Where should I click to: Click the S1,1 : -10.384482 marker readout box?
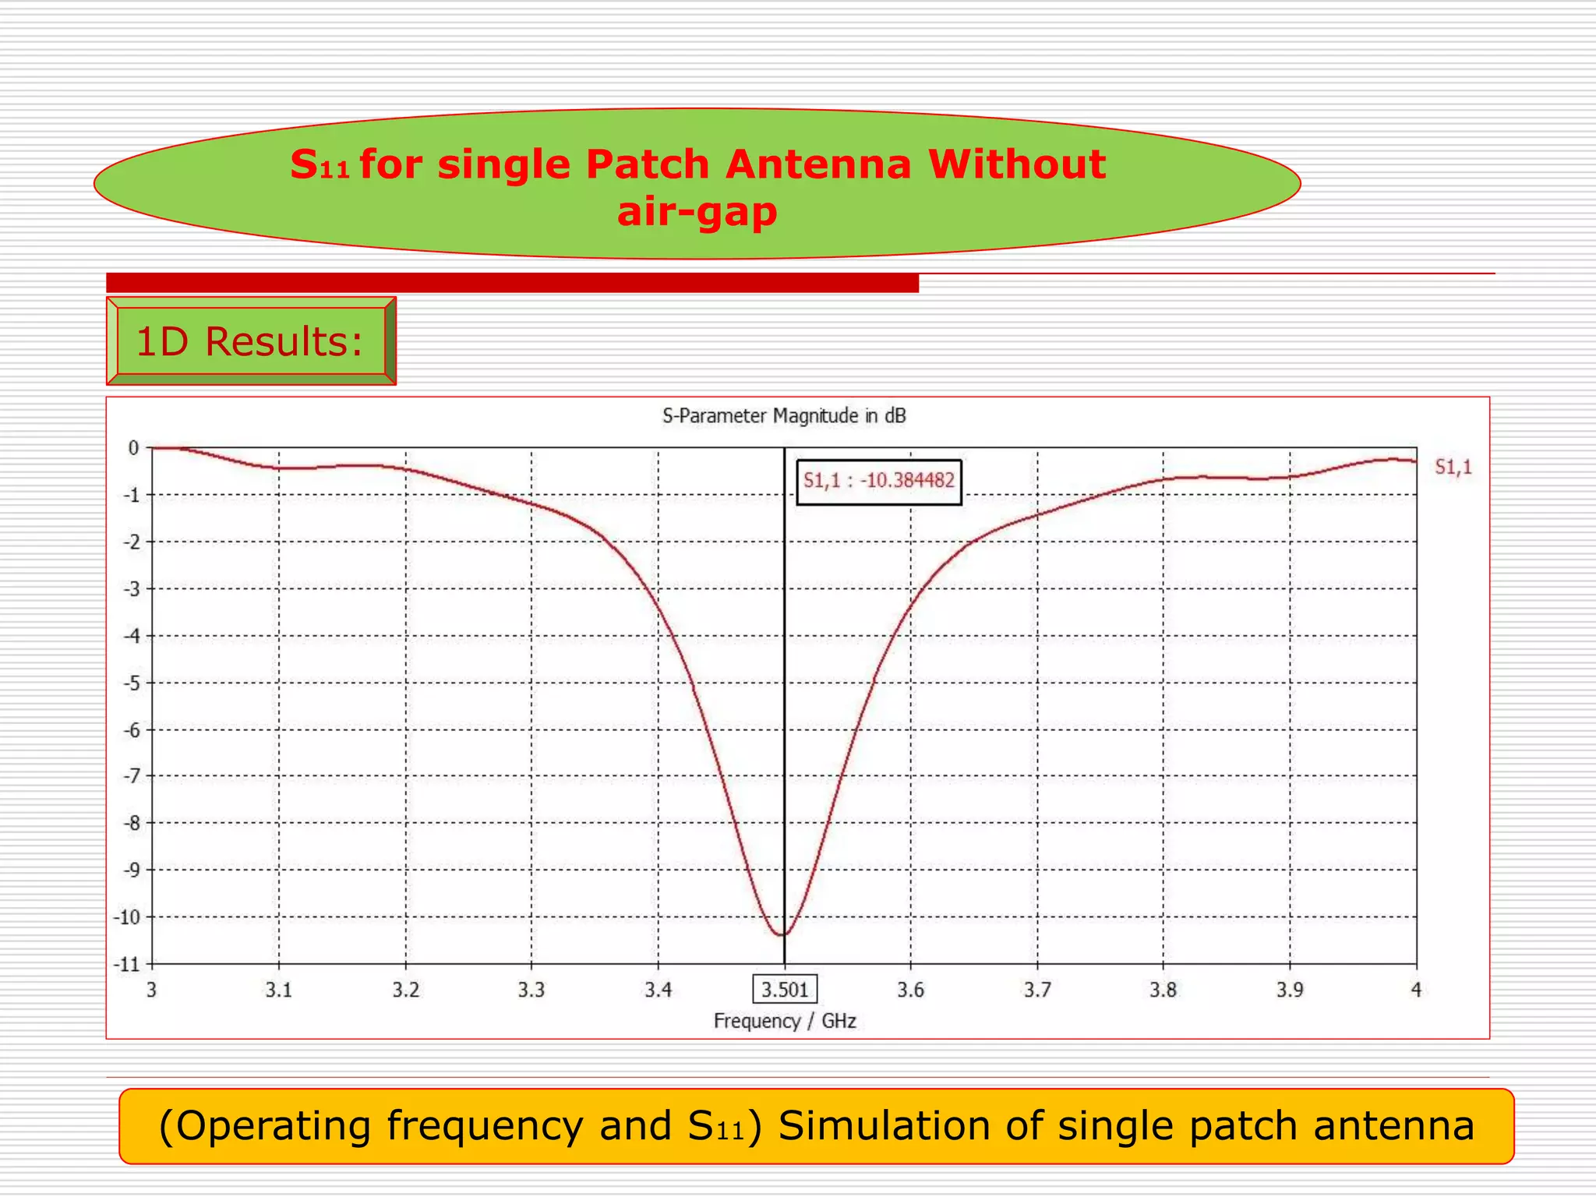pos(878,482)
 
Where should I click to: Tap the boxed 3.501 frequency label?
pos(785,990)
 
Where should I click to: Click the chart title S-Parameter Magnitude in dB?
pos(784,416)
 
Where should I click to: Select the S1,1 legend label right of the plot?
pos(1453,467)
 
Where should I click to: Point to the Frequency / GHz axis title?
pos(785,1021)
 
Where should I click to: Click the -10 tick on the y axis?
pos(127,917)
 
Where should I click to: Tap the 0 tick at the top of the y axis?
pos(134,448)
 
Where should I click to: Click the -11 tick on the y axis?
pos(127,965)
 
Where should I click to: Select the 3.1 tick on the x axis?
pos(278,990)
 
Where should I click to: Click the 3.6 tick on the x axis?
pos(910,990)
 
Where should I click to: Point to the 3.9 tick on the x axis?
pos(1290,990)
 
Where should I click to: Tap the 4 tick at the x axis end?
pos(1416,990)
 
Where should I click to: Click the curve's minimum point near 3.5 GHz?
pos(782,934)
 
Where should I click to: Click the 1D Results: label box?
pos(250,341)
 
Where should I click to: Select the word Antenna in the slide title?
pos(818,164)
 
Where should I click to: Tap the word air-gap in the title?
pos(697,211)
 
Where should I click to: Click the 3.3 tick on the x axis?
pos(531,990)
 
